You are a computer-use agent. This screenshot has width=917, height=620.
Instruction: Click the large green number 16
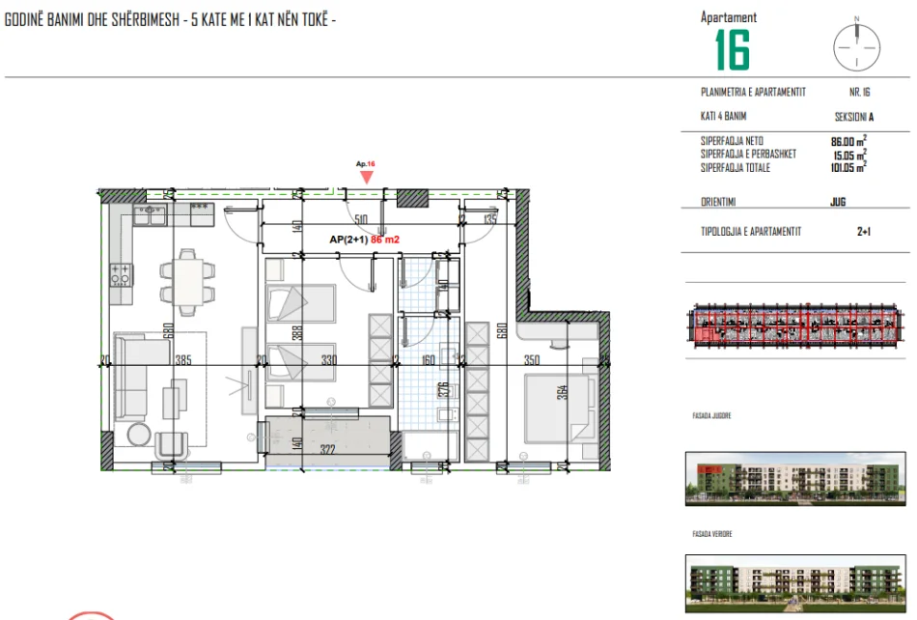[733, 50]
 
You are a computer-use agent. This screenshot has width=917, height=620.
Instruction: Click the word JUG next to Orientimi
[837, 203]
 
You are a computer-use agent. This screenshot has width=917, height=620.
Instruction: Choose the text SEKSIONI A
[853, 117]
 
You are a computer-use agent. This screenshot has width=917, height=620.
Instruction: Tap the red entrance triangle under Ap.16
[366, 176]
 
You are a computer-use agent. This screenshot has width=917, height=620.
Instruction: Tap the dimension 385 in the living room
[182, 360]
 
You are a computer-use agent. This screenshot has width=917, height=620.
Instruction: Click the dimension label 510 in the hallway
[362, 219]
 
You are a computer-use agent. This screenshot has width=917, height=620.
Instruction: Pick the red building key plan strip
[798, 324]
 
